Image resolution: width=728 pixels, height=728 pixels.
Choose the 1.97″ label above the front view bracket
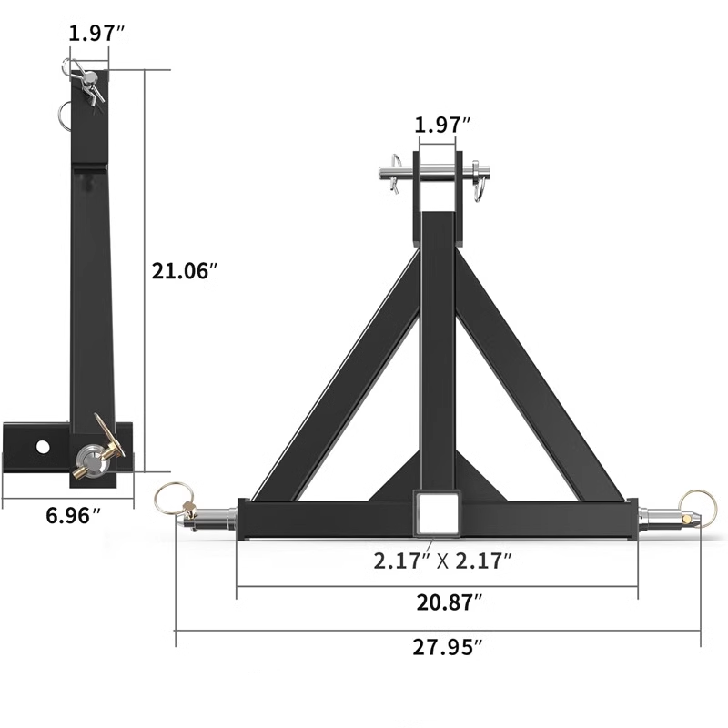[443, 125]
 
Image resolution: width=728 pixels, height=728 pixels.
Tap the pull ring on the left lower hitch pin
[169, 496]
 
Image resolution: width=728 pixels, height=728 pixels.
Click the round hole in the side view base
[41, 446]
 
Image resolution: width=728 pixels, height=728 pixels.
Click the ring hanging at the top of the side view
[66, 113]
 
